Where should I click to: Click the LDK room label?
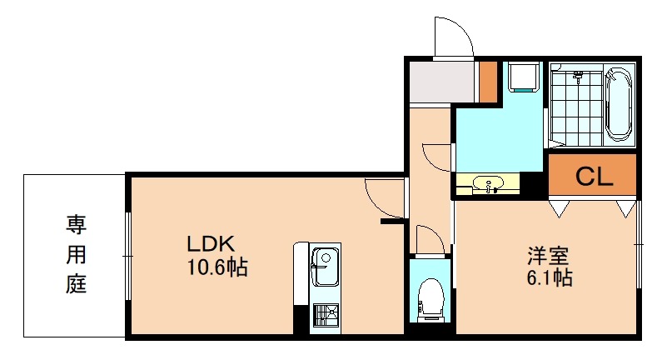pyautogui.click(x=212, y=245)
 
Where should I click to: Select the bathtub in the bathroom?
pyautogui.click(x=619, y=104)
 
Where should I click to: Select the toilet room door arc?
pyautogui.click(x=429, y=239)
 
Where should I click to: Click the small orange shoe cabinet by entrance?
pyautogui.click(x=488, y=79)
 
